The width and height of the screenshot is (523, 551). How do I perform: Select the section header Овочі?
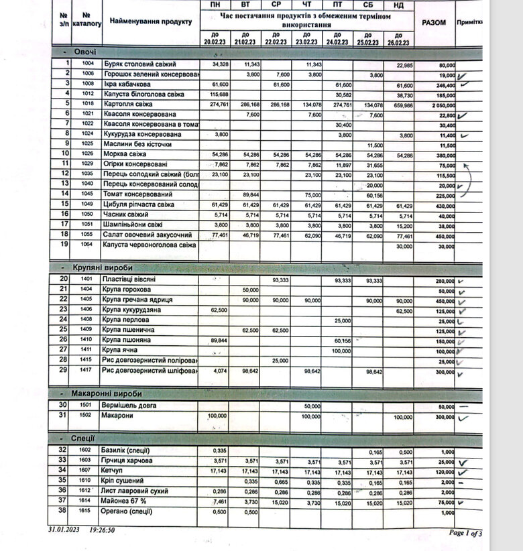point(85,52)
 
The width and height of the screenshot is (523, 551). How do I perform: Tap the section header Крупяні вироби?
point(99,268)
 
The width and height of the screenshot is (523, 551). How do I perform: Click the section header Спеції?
point(84,438)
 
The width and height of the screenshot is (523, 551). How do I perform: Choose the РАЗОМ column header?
point(434,23)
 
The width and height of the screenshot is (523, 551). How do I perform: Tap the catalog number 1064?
point(86,245)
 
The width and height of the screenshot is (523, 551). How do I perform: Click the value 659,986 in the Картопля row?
point(404,105)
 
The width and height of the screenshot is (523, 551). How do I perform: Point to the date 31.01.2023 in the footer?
point(64,530)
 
